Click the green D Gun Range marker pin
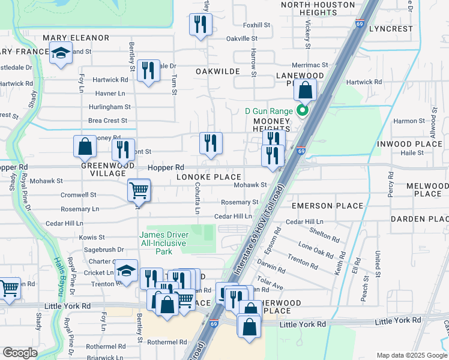pyautogui.click(x=303, y=110)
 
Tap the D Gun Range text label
pyautogui.click(x=269, y=111)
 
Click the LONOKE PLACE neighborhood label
pyautogui.click(x=208, y=177)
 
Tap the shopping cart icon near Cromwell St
pyautogui.click(x=139, y=191)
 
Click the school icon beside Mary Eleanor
pyautogui.click(x=61, y=54)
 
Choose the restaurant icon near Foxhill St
pyautogui.click(x=200, y=25)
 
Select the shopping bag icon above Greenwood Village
pyautogui.click(x=85, y=146)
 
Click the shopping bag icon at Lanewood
pyautogui.click(x=306, y=91)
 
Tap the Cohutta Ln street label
pyautogui.click(x=196, y=198)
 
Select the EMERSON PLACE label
pyautogui.click(x=327, y=206)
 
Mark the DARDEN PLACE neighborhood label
pyautogui.click(x=420, y=219)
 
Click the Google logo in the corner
pyautogui.click(x=20, y=353)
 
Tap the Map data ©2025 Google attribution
pyautogui.click(x=411, y=355)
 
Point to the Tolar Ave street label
pyautogui.click(x=269, y=283)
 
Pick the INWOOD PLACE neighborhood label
pyautogui.click(x=410, y=144)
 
